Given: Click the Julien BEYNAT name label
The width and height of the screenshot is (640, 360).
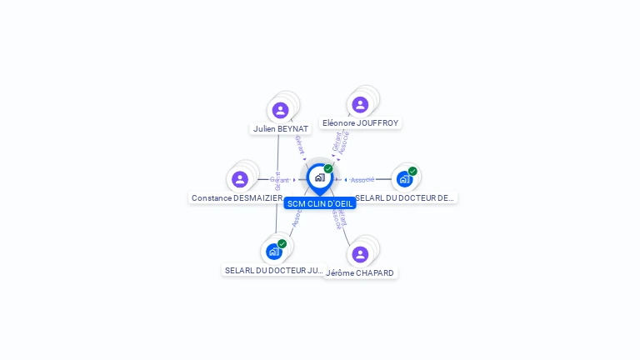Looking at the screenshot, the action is coord(281,129).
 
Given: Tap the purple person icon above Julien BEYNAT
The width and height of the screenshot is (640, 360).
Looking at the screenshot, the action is coord(280,110).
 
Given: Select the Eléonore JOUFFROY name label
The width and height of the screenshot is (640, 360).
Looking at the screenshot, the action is coord(360,123).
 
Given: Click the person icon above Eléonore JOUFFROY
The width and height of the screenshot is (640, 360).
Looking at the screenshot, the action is coord(360,104).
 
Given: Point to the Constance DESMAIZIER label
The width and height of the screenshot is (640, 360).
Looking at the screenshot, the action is coord(237,198).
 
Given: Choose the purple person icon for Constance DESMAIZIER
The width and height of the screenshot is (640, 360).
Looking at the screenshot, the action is coord(240,179).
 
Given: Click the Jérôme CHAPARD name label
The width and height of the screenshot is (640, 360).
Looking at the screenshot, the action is coord(360,273).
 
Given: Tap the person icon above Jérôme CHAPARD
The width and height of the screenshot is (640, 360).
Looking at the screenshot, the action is coord(360,254).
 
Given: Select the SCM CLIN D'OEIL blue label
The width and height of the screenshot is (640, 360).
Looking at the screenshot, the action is coord(320,203).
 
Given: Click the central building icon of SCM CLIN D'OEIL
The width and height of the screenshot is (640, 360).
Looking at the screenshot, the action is coord(319,177).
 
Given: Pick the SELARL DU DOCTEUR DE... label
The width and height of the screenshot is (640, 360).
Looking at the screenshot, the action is coord(405,198).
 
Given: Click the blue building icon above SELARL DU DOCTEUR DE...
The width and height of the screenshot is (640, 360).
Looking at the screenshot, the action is coord(404,179).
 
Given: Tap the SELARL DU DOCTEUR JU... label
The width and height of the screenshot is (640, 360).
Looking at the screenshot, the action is coord(274,271).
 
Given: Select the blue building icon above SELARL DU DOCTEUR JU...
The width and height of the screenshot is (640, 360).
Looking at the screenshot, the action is coord(273,252).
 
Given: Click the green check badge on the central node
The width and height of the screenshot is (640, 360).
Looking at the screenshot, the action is coord(328,169).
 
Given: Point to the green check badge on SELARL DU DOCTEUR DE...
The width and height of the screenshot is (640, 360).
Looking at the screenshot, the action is coord(412,171).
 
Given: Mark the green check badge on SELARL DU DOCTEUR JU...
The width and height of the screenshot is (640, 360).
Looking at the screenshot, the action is coord(282,243).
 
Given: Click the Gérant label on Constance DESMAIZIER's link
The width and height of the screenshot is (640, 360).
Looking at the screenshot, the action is coord(279,180).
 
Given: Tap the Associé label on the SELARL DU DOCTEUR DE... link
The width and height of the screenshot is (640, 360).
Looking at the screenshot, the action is coord(362,180).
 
